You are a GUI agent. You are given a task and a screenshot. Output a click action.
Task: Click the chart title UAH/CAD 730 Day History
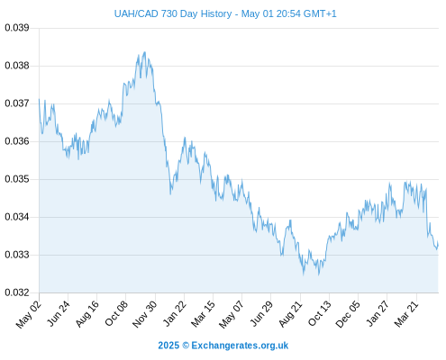coord(173,13)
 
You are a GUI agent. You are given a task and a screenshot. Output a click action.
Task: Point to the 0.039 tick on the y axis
coord(17,28)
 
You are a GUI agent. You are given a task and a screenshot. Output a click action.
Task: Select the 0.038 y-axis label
coord(17,66)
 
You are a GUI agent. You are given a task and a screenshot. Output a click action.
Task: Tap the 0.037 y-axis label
coord(17,103)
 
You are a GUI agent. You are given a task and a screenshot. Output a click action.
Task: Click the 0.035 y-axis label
coord(17,179)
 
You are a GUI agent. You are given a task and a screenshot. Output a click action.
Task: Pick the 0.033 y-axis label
coord(17,255)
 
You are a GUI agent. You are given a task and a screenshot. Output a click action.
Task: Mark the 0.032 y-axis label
coord(17,292)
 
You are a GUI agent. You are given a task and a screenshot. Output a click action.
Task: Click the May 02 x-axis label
coord(29,314)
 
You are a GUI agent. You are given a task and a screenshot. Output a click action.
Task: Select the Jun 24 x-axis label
coord(59,313)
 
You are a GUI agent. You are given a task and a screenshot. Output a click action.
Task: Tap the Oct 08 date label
coord(116,313)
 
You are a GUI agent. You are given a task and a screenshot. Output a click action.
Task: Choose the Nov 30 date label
coord(144,314)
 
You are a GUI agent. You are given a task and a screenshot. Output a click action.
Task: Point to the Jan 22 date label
coord(175,313)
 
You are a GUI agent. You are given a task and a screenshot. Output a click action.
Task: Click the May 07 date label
coord(231,314)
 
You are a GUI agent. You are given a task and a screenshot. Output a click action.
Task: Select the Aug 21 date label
coord(290,314)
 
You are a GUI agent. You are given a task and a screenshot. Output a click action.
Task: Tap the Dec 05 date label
coord(347,314)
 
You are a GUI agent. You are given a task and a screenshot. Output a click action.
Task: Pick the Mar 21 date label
coord(406,314)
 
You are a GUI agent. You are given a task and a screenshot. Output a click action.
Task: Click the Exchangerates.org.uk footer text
coord(240,346)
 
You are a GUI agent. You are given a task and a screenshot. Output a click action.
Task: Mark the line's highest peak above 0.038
coord(145,52)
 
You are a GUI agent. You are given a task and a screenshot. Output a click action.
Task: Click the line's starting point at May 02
coord(39,99)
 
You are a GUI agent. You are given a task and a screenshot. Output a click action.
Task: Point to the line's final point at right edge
coord(438,245)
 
